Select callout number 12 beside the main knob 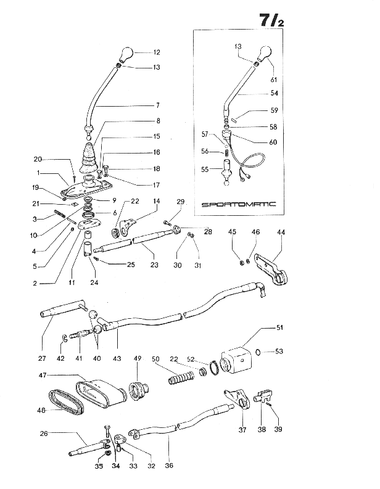[156, 53]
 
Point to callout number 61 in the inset [274, 80]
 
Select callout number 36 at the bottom [169, 466]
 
